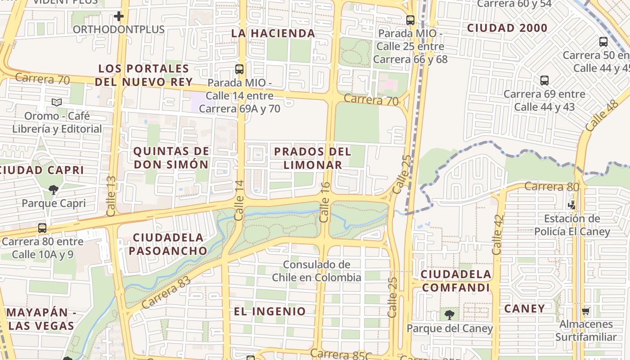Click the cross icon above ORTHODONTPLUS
(x=118, y=17)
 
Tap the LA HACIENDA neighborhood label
(x=273, y=33)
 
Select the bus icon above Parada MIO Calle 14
(x=239, y=69)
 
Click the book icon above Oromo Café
(x=57, y=103)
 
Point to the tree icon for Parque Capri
(x=54, y=189)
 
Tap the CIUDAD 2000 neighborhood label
(x=507, y=28)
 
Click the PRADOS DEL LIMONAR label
(x=313, y=158)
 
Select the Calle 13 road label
(x=111, y=195)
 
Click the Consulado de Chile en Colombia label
(x=316, y=271)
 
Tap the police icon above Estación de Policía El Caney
(x=572, y=205)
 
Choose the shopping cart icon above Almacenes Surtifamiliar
(x=585, y=311)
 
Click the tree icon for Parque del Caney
(x=449, y=315)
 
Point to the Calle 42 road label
(x=497, y=234)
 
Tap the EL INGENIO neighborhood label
(x=270, y=311)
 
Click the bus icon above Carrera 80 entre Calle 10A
(x=42, y=228)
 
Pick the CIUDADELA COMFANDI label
(x=456, y=281)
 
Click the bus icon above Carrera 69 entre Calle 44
(x=544, y=81)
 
